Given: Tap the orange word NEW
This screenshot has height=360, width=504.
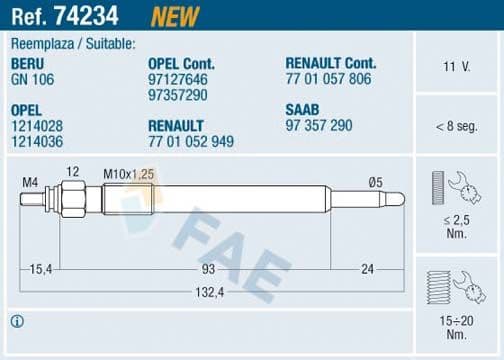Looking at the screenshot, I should click(x=174, y=15).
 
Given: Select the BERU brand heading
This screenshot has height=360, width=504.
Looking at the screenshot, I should click(x=27, y=63).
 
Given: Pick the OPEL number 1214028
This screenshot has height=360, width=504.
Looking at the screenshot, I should click(x=35, y=126).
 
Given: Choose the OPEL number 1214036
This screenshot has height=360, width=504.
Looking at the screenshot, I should click(x=35, y=141).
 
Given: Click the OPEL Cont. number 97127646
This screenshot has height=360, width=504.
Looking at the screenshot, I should click(x=177, y=77).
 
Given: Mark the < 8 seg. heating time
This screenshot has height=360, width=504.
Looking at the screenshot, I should click(x=457, y=126).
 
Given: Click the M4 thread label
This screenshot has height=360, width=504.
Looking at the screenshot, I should click(x=30, y=181).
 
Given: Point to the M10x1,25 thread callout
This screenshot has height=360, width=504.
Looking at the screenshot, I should click(x=127, y=173).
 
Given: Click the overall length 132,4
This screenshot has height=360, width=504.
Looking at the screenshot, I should click(x=208, y=291).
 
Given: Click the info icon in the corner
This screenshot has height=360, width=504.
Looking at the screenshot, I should click(x=16, y=321).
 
